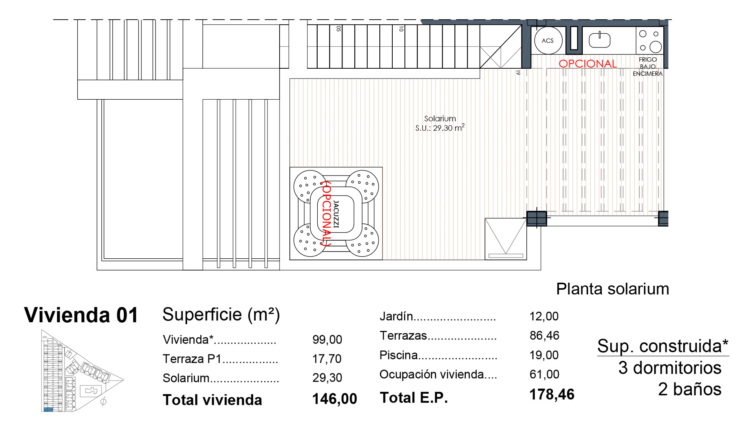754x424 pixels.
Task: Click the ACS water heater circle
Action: pos(548,40)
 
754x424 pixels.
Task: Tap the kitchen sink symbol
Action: pos(600,40)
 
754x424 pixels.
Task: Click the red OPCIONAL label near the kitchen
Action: pos(587,64)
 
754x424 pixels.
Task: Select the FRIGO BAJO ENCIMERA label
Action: pos(648,66)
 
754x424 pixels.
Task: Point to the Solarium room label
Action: pos(440,118)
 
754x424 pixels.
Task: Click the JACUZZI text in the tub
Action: pos(336,214)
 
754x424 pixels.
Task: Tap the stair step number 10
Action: pos(401,29)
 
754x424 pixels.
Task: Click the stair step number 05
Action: pos(339,29)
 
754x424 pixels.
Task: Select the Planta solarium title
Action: pos(612,289)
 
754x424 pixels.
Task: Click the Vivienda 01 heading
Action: pos(81,315)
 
